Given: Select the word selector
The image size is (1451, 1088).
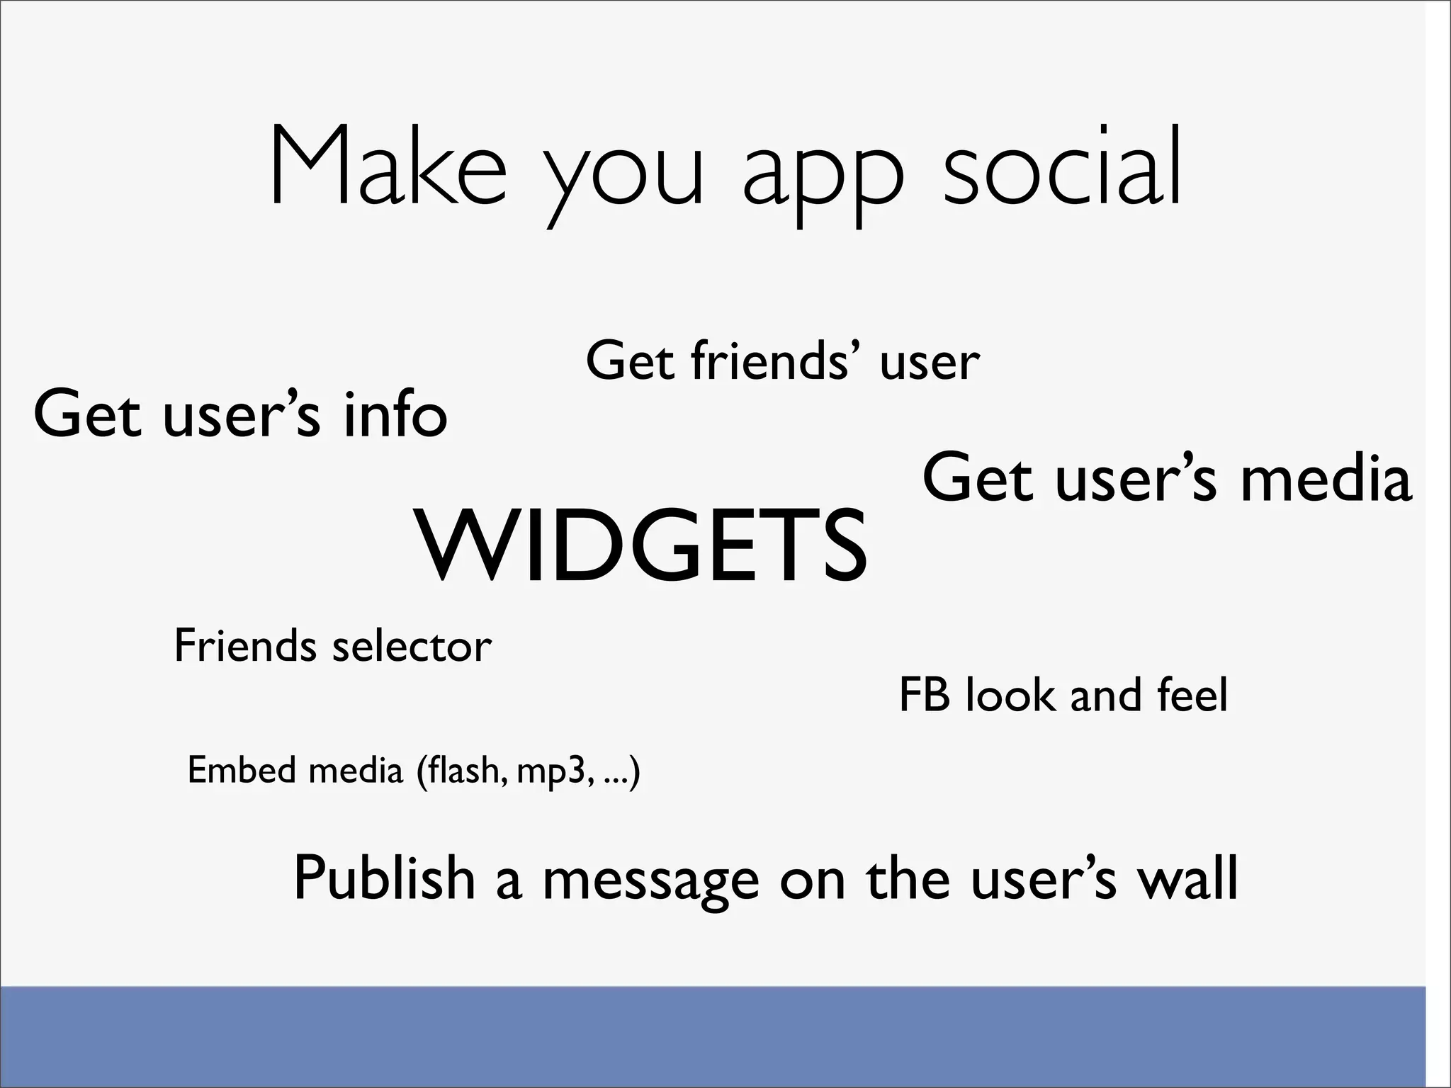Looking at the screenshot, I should (x=411, y=646).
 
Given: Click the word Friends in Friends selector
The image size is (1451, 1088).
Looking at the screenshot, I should (x=245, y=645).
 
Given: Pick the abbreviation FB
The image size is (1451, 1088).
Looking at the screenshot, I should (x=924, y=695).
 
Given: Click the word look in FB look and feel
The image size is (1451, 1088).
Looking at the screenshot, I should (x=1010, y=695).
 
